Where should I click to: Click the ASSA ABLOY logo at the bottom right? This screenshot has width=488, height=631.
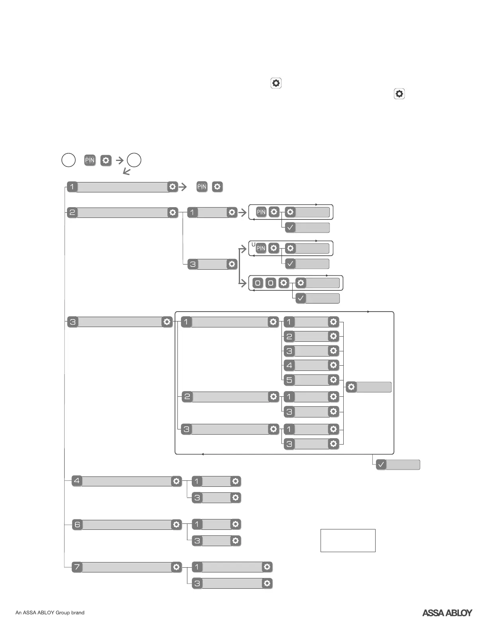click(x=447, y=613)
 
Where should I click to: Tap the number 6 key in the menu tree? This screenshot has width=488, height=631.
click(x=77, y=525)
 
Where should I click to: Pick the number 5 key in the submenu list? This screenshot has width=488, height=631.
click(x=289, y=380)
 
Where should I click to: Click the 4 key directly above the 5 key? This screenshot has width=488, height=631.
click(x=289, y=365)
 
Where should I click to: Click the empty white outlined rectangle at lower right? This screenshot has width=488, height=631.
click(x=348, y=540)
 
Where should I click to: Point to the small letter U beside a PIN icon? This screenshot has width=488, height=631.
click(x=253, y=244)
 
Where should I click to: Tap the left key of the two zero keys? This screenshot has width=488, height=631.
click(x=258, y=283)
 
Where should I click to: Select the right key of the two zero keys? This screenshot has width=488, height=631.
click(x=271, y=283)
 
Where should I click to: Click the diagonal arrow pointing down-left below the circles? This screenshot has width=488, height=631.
click(x=126, y=172)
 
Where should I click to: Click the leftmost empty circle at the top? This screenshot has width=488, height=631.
click(x=69, y=160)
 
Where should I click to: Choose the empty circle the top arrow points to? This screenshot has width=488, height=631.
click(x=134, y=160)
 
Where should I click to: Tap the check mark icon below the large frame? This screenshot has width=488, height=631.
click(x=381, y=464)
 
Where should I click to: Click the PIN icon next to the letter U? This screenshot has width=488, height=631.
click(x=261, y=248)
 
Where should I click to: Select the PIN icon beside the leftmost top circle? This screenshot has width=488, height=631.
click(x=90, y=160)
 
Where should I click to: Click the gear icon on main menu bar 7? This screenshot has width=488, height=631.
click(x=176, y=567)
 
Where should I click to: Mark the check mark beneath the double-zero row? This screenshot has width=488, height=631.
click(x=301, y=298)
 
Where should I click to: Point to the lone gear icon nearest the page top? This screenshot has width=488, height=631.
click(x=276, y=83)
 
